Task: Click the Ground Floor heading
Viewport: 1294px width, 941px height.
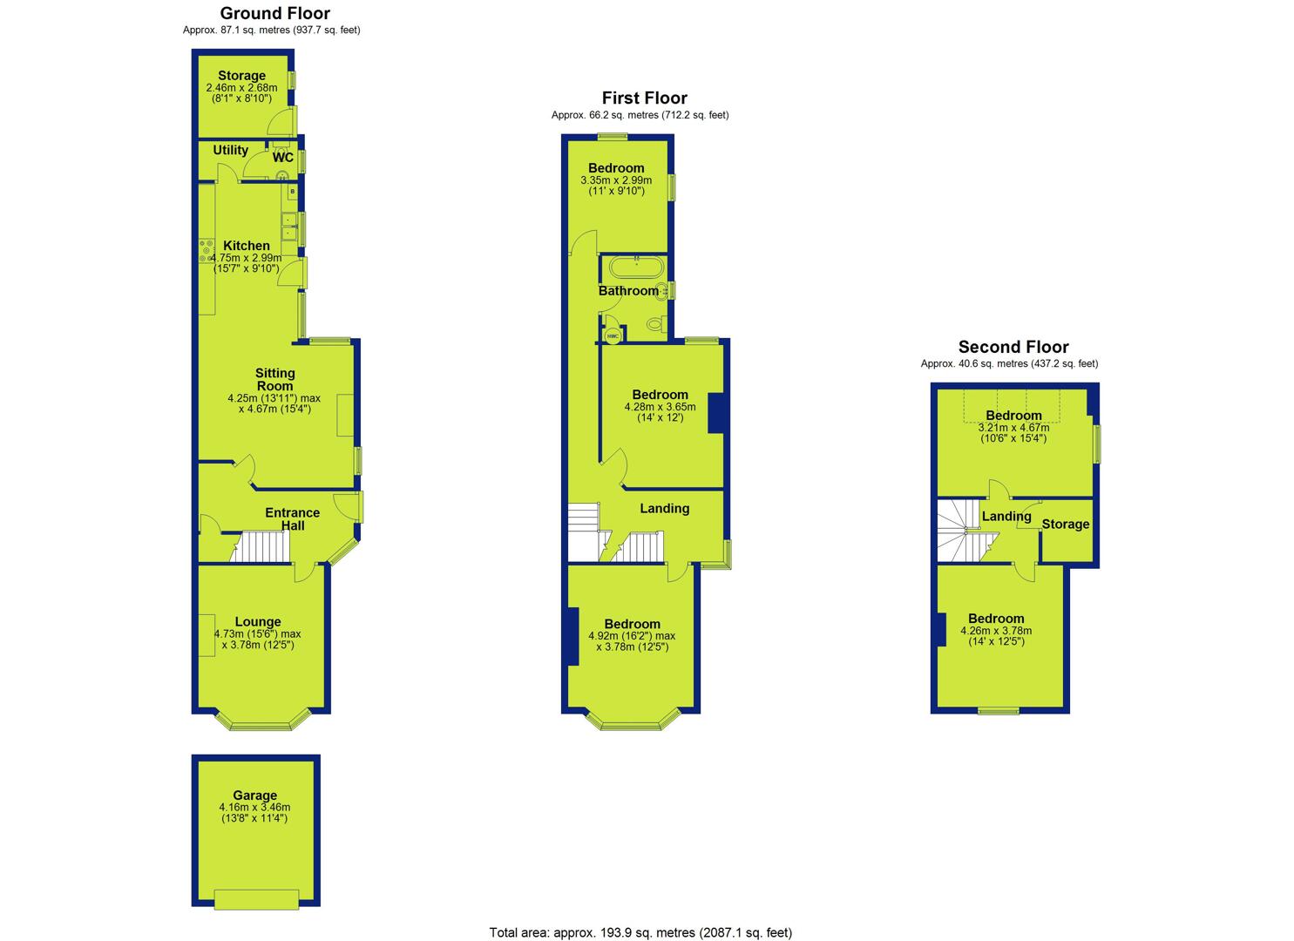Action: tap(275, 13)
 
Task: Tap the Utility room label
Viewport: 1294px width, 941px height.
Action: tap(231, 150)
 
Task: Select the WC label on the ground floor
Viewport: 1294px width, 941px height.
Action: tap(283, 157)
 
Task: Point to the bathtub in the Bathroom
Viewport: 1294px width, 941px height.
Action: tap(636, 267)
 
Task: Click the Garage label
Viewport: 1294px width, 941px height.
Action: tap(254, 795)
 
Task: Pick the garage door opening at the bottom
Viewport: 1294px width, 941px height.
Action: tap(256, 900)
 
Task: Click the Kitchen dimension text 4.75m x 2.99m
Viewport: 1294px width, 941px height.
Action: tap(246, 258)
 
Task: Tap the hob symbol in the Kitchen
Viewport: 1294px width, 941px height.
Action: tap(207, 251)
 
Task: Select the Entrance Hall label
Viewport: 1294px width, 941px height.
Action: tap(292, 518)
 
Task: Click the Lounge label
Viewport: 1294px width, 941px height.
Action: tap(258, 621)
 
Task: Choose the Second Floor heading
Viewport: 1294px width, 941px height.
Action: tap(1013, 347)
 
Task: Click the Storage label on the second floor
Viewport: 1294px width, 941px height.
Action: tap(1066, 524)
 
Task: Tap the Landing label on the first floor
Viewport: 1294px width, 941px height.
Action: tap(664, 508)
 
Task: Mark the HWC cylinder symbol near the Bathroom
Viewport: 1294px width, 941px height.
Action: tap(613, 335)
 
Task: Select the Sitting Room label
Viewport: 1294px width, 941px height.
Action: tap(275, 380)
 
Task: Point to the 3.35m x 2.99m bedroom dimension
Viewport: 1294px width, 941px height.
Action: tap(616, 180)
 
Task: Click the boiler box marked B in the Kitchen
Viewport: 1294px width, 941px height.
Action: tap(293, 191)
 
